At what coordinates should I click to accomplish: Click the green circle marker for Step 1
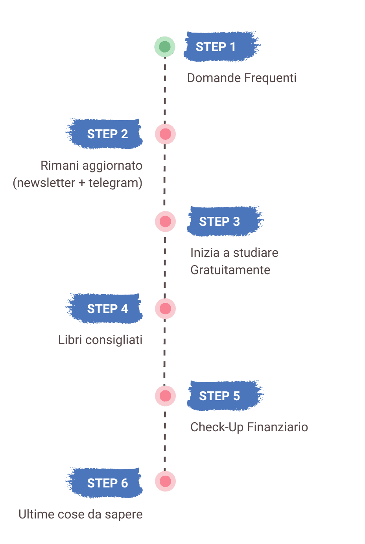click(165, 47)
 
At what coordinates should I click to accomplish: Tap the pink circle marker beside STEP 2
click(165, 134)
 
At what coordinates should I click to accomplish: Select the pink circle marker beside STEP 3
click(165, 222)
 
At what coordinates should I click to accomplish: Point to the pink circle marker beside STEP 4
click(165, 309)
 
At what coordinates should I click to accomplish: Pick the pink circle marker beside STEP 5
click(165, 396)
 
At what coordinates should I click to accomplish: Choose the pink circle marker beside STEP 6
click(165, 482)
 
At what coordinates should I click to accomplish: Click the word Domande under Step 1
click(214, 78)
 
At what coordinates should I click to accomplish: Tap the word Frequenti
click(270, 78)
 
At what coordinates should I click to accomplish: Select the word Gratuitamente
click(230, 270)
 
